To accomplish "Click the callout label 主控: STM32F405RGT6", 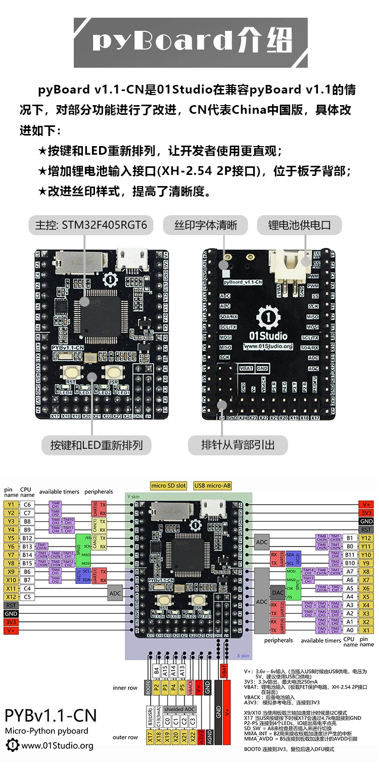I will pyautogui.click(x=90, y=225).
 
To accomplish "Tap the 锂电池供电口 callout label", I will pyautogui.click(x=299, y=225).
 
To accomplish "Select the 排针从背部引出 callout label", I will pyautogui.click(x=238, y=445).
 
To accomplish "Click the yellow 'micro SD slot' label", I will pyautogui.click(x=169, y=486).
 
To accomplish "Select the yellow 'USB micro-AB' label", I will pyautogui.click(x=212, y=486).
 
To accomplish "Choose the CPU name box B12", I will pyautogui.click(x=27, y=538).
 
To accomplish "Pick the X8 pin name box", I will pyautogui.click(x=366, y=572).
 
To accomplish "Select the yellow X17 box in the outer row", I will pyautogui.click(x=149, y=738).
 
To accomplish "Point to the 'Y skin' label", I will pyautogui.click(x=133, y=497).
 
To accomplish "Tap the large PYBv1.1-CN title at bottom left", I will pyautogui.click(x=50, y=716).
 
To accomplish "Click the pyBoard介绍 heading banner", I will pyautogui.click(x=191, y=42).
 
